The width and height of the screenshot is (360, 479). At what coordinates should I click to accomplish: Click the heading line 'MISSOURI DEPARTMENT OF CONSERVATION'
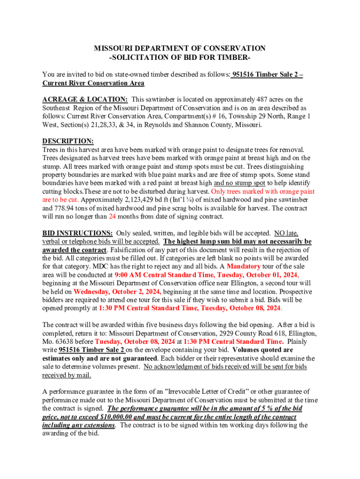tap(180, 48)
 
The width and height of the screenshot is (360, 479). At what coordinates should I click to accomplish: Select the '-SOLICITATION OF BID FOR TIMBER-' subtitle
tap(180, 57)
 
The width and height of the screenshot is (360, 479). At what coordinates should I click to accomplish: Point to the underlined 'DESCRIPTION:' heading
tap(68, 141)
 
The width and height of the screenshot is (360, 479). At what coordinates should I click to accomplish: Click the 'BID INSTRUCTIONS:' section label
tap(77, 233)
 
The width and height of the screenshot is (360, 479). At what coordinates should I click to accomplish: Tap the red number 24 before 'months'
tap(113, 217)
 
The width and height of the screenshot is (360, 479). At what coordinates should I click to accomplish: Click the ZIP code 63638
tap(65, 341)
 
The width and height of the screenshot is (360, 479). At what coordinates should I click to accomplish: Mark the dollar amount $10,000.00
tap(116, 417)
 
